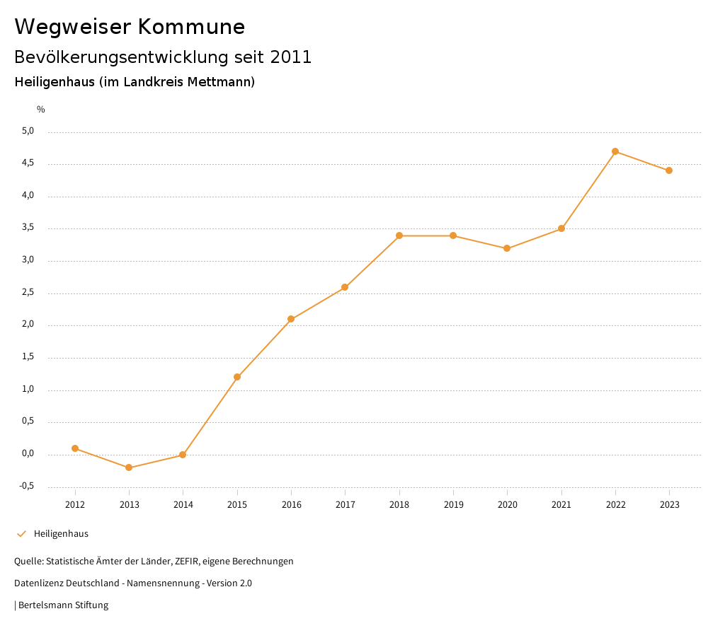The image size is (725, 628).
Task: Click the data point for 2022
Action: (615, 151)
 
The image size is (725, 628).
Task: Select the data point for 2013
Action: (129, 467)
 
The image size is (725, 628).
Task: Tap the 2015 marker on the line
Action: (237, 377)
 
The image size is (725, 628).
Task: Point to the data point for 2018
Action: (399, 235)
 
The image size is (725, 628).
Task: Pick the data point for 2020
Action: (507, 248)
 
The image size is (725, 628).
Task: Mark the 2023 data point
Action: (669, 170)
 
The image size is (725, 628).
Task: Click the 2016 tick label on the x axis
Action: (291, 505)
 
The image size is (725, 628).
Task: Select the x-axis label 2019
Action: (453, 505)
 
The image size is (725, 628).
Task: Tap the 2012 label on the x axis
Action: (75, 505)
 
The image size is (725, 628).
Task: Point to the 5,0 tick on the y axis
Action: (28, 132)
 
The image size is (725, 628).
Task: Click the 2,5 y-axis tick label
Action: (28, 293)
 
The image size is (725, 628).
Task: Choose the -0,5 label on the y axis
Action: (27, 487)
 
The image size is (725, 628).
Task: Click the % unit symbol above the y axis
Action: (41, 110)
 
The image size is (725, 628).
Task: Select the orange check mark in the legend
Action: (21, 534)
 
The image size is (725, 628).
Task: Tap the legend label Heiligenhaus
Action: (61, 534)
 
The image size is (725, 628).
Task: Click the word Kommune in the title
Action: (191, 27)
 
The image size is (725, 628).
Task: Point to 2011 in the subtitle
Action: (291, 57)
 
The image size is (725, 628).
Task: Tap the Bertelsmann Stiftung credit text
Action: (63, 605)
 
